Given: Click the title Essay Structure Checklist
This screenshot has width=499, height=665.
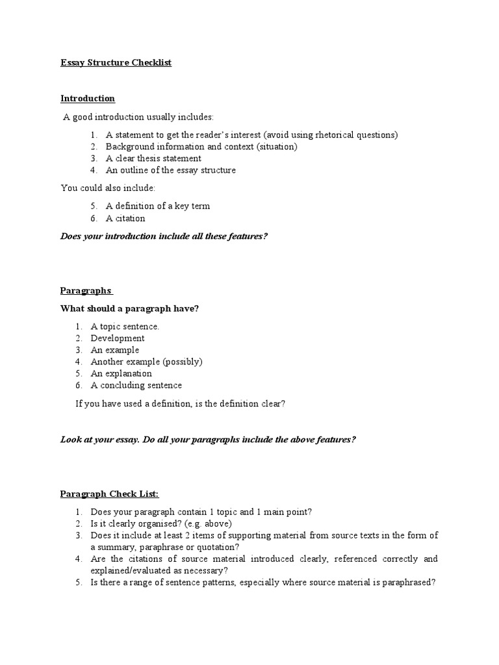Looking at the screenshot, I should pyautogui.click(x=116, y=63).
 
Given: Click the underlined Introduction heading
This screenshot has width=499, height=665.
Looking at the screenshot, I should pyautogui.click(x=88, y=99).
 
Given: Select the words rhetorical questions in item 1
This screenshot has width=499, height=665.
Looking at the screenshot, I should pyautogui.click(x=358, y=135).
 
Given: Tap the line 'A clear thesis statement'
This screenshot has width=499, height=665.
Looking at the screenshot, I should pyautogui.click(x=153, y=158).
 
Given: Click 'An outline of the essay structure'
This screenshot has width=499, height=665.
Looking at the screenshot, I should pyautogui.click(x=171, y=170).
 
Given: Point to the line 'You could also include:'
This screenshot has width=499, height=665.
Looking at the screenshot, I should pyautogui.click(x=108, y=188).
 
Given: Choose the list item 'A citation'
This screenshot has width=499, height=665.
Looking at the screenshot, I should pyautogui.click(x=125, y=218).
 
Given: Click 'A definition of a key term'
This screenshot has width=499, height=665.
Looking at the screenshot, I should pyautogui.click(x=158, y=206).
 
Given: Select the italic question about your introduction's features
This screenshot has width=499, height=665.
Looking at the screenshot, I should pyautogui.click(x=164, y=236).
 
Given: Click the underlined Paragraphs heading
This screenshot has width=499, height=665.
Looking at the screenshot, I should pyautogui.click(x=86, y=290).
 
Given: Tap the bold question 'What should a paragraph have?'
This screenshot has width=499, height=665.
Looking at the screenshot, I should pyautogui.click(x=129, y=308).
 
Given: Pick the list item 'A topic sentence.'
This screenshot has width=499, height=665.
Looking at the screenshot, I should pyautogui.click(x=125, y=327).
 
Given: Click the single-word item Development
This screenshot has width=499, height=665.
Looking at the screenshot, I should pyautogui.click(x=118, y=338).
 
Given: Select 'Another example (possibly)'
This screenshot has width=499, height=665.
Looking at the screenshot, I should pyautogui.click(x=146, y=362).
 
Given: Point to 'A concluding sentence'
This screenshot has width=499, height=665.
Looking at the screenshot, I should pyautogui.click(x=136, y=385).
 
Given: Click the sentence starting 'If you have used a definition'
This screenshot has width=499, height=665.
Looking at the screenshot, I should pyautogui.click(x=181, y=404).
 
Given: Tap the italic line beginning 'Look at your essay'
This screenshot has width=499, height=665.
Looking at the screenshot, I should pyautogui.click(x=208, y=440).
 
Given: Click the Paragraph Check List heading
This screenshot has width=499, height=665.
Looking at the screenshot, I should pyautogui.click(x=114, y=494).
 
